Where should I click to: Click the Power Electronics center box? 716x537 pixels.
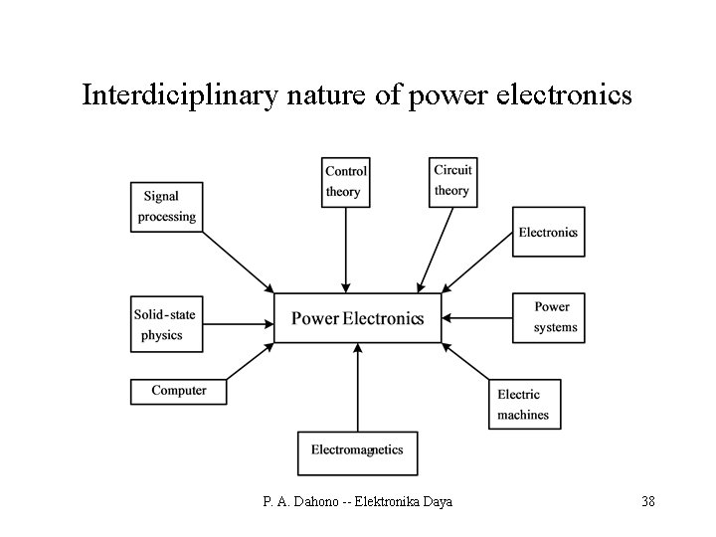pos(357,318)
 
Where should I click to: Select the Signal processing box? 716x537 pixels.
pos(167,206)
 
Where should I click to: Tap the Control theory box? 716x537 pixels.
pos(346,181)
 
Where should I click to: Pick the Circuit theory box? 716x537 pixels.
pos(452,181)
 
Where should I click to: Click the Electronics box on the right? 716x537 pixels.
pos(548,232)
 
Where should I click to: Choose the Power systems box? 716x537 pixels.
pos(548,317)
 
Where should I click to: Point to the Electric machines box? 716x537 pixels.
pos(524,404)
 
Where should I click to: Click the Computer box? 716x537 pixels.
pos(179,391)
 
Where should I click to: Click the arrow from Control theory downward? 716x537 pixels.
pos(346,249)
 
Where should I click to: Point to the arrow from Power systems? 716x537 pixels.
pos(477,318)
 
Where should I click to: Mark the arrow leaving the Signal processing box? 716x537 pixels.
pos(239,262)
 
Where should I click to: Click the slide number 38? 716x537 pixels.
pos(647,501)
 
